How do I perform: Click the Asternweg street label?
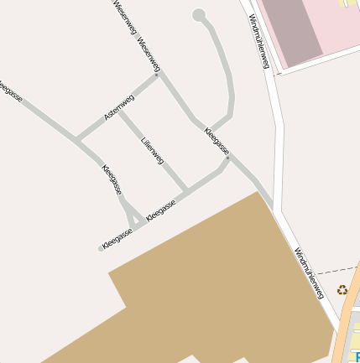(119, 109)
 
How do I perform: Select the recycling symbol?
(342, 290)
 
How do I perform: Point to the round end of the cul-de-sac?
(199, 15)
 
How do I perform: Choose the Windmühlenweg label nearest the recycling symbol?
(308, 273)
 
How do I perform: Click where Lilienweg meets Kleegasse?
(185, 190)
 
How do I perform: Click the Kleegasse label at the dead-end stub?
(117, 238)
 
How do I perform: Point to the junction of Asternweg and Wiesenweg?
(157, 75)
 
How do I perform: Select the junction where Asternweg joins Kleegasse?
(77, 138)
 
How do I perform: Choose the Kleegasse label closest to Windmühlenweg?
(217, 139)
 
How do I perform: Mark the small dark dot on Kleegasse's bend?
(227, 157)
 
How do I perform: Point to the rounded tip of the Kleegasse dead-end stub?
(100, 248)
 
